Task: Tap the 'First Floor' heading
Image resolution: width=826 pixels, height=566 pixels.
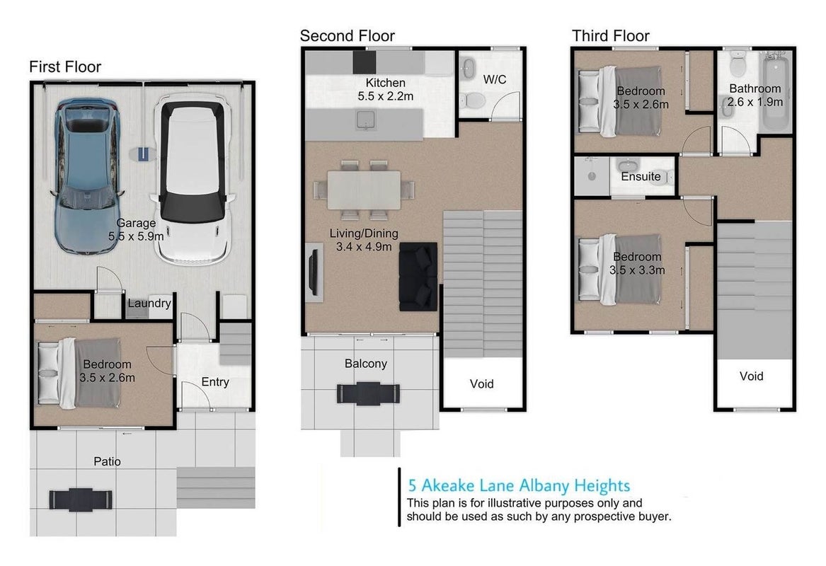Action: pos(65,67)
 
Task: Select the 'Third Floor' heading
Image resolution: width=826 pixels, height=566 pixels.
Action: pos(611,36)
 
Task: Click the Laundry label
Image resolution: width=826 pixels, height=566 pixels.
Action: pos(149,304)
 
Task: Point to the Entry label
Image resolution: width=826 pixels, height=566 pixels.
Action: pos(215,382)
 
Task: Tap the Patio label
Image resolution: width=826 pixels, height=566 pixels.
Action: pos(107,462)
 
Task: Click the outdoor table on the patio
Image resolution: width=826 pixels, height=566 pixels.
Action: pos(81,499)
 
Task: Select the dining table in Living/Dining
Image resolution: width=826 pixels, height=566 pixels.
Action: pos(364,190)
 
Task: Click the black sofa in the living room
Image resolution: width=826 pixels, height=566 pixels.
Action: pos(418,277)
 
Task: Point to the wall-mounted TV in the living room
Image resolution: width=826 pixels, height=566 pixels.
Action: pos(313,272)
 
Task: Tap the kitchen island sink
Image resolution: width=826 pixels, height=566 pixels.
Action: pos(365,120)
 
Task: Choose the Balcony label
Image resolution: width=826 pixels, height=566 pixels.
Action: pos(366,364)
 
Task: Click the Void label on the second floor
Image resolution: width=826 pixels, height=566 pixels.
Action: pos(481,384)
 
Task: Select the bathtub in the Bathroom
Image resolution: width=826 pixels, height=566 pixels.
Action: pos(775,91)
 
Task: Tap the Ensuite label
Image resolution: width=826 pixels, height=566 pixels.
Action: pos(641,177)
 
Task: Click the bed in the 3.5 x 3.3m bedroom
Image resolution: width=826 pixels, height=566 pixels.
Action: pos(619,269)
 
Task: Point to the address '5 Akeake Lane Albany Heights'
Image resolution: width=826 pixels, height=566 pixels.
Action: pos(519,485)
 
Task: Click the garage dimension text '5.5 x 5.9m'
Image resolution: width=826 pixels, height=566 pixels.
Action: pos(136,237)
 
